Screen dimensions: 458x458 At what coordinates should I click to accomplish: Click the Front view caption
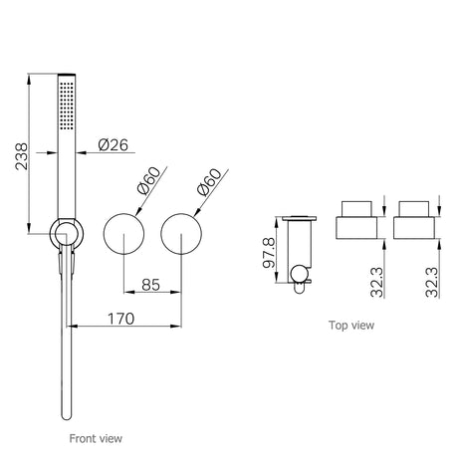(97, 437)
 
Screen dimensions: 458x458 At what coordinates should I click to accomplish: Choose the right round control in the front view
(182, 236)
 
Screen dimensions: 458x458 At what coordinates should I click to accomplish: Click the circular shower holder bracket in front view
(67, 235)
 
